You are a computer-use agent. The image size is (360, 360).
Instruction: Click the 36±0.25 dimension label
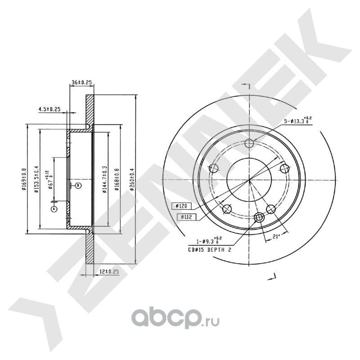coord(81,82)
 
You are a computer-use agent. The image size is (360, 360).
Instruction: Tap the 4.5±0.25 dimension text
coord(49,109)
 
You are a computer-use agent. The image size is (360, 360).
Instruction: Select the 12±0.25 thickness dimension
coord(109,272)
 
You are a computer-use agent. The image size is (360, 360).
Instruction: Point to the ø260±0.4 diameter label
coord(132,179)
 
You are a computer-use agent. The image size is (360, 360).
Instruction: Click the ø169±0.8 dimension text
coord(24,180)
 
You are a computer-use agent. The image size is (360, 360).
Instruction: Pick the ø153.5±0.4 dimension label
coord(36,179)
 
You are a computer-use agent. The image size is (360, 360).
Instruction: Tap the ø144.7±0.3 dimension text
coord(105,179)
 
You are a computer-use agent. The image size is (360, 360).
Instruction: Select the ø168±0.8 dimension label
coord(117,180)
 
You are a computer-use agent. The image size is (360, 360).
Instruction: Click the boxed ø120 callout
coord(182,206)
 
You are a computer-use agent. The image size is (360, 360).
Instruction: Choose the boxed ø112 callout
coord(186,217)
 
